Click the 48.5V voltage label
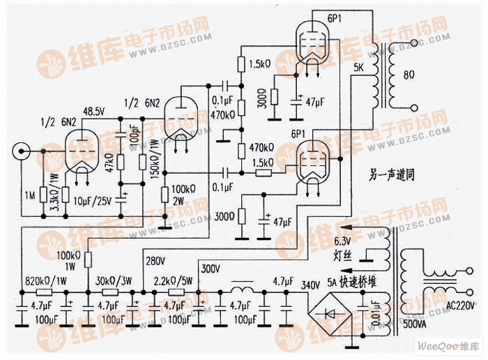point(94,111)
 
